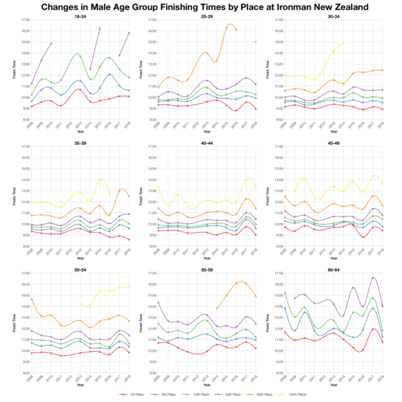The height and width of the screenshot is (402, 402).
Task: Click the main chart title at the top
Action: pyautogui.click(x=201, y=7)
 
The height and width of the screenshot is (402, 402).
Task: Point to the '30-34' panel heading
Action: pyautogui.click(x=333, y=15)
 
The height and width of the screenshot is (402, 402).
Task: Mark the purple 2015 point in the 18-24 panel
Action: pyautogui.click(x=100, y=29)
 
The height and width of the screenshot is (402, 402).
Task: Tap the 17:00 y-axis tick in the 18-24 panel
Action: pyautogui.click(x=24, y=20)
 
